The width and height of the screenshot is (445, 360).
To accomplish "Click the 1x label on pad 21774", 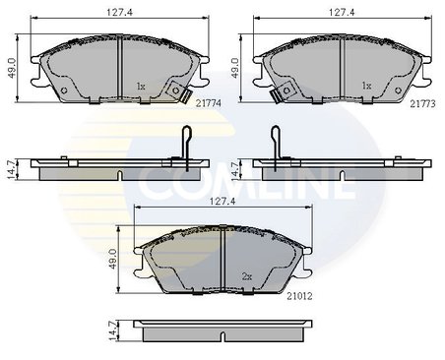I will pos(140,87).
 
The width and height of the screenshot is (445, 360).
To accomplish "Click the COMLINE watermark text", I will pos(222,182).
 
